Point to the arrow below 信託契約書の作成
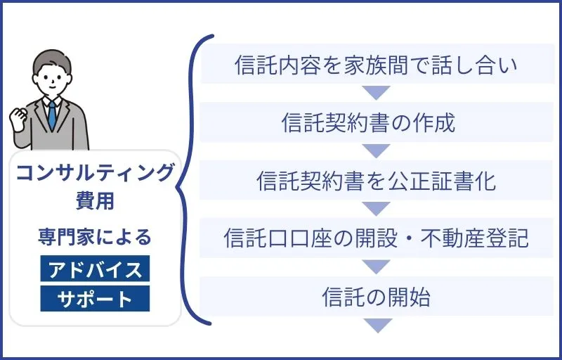click(377, 151)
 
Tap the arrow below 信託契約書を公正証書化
click(377, 209)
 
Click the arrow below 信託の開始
click(377, 326)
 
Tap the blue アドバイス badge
click(95, 269)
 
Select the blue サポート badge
click(95, 299)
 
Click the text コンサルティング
click(96, 172)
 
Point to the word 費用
click(95, 201)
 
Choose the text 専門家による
click(95, 238)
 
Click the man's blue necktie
click(51, 116)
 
